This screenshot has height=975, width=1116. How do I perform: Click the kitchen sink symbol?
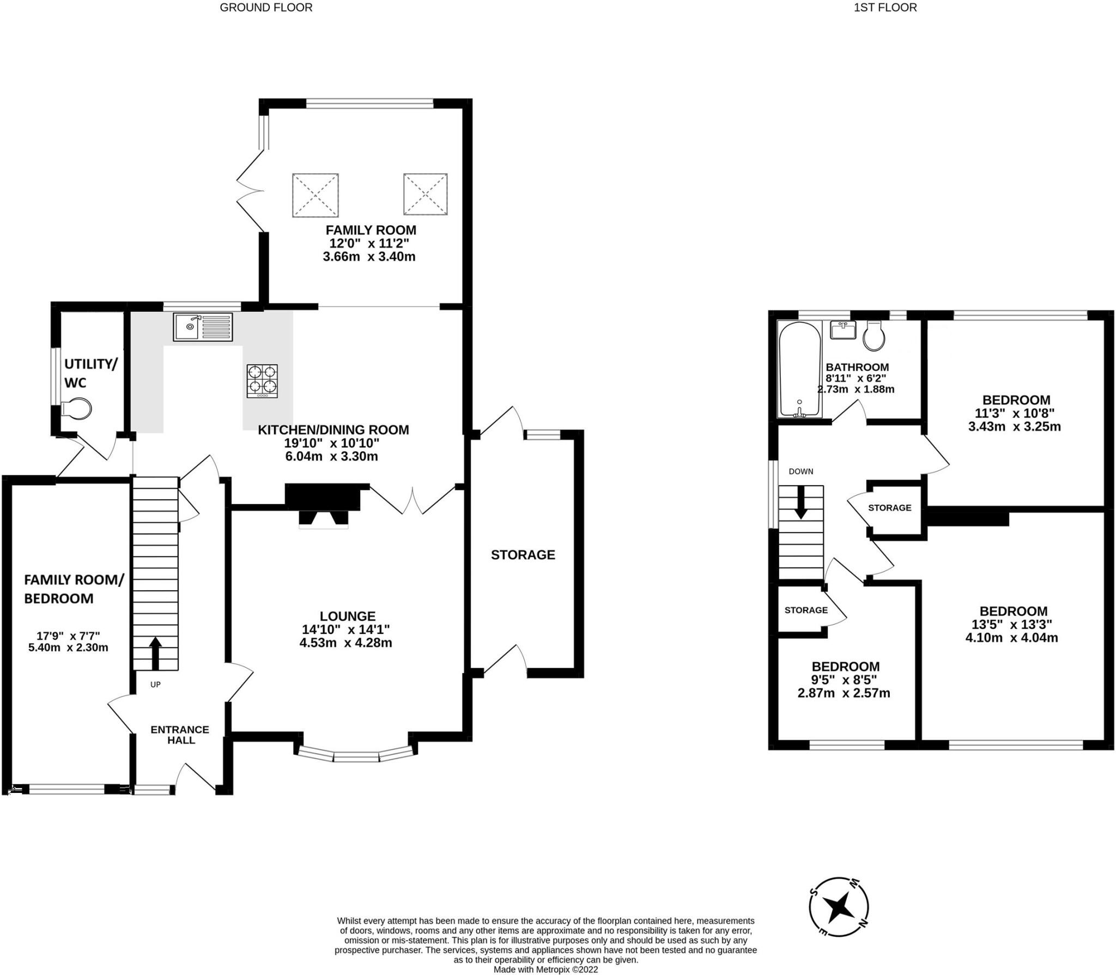coord(203,327)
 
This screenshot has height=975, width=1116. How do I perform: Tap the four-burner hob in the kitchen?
coord(262,380)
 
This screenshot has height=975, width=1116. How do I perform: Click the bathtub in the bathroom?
coord(799,370)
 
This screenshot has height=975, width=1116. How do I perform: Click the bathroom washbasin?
coord(843,330)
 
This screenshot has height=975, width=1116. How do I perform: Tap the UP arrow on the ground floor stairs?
coord(155,653)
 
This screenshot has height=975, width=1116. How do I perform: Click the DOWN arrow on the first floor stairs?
coord(800,502)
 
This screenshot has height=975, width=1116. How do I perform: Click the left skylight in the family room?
coord(316,195)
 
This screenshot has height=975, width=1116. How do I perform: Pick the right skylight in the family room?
coord(425,194)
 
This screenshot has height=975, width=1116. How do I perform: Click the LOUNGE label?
coord(347,616)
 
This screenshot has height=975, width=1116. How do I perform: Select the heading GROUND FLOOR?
coord(266,8)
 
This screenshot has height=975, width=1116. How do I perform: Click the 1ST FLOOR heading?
coord(885,8)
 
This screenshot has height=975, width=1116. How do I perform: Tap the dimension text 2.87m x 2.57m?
coord(844,693)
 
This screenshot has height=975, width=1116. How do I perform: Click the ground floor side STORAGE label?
coord(523,555)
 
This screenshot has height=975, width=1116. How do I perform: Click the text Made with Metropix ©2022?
coord(545,970)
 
